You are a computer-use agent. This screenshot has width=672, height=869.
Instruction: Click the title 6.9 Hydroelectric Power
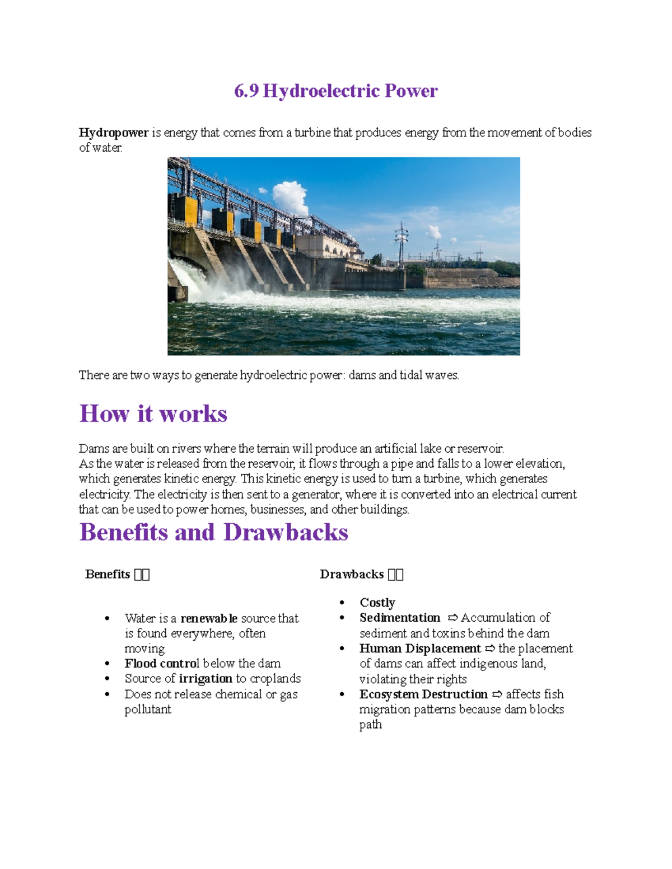[x=335, y=91]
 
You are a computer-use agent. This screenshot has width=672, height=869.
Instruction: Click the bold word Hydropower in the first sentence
[x=114, y=133]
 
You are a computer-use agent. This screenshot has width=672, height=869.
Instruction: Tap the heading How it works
[x=153, y=414]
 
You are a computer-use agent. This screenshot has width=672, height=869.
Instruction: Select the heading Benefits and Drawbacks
[x=214, y=532]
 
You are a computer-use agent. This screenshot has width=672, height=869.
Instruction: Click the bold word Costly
[x=377, y=603]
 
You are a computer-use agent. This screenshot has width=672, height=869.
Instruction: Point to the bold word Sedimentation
[x=400, y=618]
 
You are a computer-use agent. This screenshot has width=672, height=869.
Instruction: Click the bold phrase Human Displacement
[x=420, y=649]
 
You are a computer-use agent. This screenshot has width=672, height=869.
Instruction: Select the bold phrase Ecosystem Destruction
[x=423, y=694]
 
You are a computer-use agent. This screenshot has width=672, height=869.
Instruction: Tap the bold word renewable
[x=209, y=618]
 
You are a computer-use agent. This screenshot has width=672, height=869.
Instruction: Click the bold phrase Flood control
[x=162, y=664]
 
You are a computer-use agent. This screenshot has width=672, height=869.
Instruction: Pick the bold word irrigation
[x=206, y=679]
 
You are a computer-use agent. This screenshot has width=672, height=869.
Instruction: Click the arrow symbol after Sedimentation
[x=452, y=618]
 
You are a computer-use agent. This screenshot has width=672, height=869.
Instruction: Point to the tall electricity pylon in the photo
[x=401, y=241]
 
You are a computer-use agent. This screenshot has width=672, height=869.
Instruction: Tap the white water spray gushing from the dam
[x=193, y=277]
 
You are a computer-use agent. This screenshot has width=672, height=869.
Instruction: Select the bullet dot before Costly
[x=342, y=603]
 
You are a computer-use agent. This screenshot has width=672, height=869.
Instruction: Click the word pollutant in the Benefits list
[x=148, y=710]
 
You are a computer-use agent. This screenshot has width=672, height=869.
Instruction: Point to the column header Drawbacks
[x=352, y=575]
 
